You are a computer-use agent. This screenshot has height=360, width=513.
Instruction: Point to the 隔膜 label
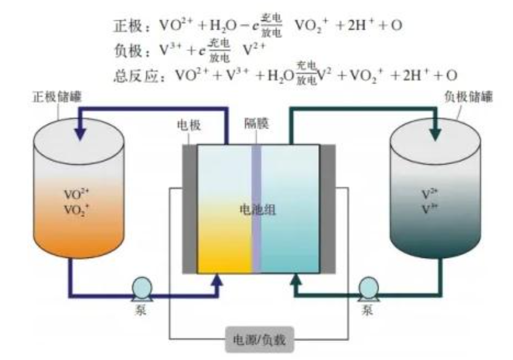(254, 123)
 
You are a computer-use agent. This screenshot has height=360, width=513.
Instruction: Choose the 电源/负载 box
(257, 337)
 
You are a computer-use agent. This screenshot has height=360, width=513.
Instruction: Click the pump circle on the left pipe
(143, 286)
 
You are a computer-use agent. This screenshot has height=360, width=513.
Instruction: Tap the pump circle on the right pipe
(369, 286)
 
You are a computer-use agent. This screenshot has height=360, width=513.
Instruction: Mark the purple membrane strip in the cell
(256, 209)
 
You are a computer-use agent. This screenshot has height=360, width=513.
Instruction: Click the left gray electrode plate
(190, 209)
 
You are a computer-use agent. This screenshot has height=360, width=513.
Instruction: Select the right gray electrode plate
(327, 209)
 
